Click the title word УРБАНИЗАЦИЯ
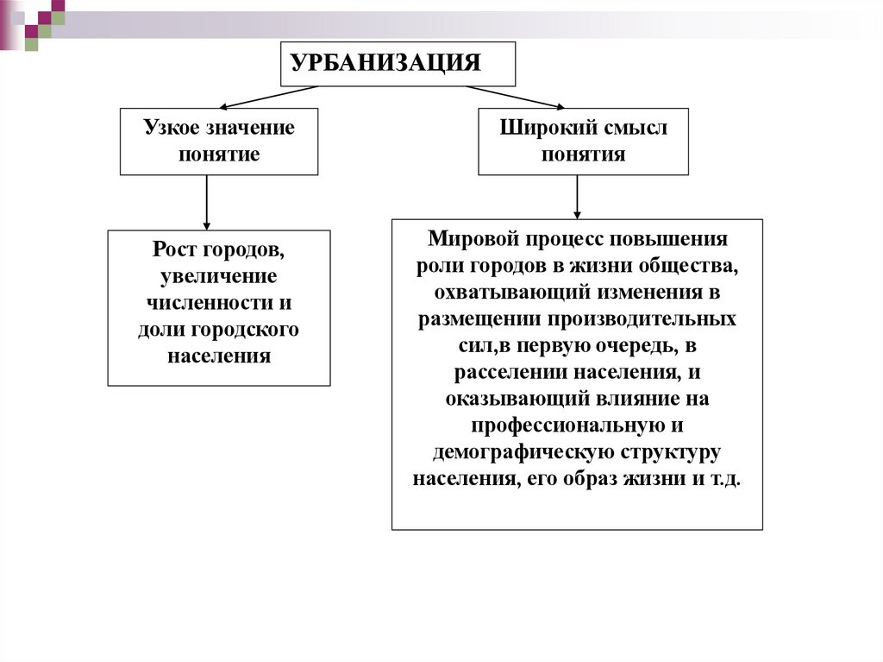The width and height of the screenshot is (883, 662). click(385, 64)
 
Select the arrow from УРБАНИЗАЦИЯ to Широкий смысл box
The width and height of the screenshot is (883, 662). click(517, 97)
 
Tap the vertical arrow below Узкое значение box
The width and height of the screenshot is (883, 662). click(207, 202)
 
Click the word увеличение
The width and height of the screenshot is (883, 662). click(218, 276)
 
